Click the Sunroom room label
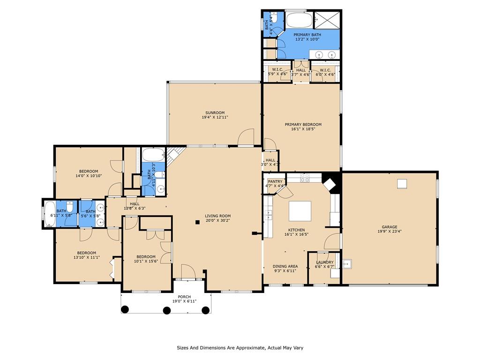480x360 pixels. pos(215,112)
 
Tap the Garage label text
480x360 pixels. pos(390,227)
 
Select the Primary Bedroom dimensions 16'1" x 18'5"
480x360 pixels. pos(303,129)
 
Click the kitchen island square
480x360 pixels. pos(300,211)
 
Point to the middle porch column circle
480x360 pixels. pos(166,311)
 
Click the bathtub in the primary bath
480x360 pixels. pos(299,20)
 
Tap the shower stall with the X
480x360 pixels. pos(327,20)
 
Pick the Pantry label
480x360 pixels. pos(275,181)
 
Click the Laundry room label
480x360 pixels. pos(325,262)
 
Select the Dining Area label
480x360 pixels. pos(285,266)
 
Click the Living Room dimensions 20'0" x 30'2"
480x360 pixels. pos(217,220)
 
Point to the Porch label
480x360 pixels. pos(184,297)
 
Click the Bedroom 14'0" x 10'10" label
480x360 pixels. pos(89,173)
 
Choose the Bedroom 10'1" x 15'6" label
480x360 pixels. pos(146,259)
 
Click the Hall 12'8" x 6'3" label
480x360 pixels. pos(135,206)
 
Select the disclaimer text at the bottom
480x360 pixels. pos(240,348)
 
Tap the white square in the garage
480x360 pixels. pos(402,184)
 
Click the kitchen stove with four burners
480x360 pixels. pos(305,178)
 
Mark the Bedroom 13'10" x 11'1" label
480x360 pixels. pos(87,255)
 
